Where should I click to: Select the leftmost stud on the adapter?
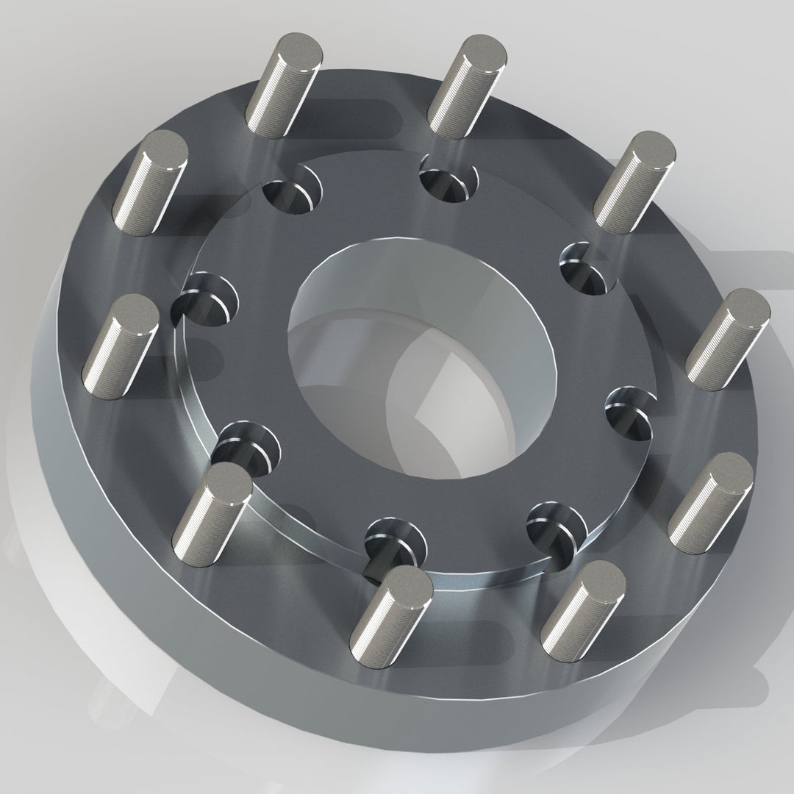[121, 346]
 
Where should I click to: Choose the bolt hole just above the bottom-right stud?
[557, 526]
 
